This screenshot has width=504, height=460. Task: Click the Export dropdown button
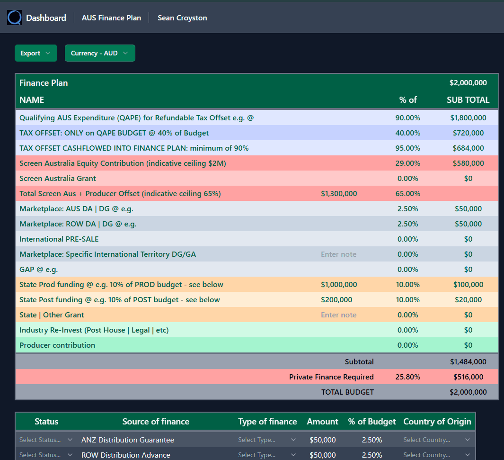(x=35, y=53)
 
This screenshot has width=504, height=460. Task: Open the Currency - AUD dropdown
(x=99, y=53)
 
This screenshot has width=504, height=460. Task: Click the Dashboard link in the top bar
(x=46, y=18)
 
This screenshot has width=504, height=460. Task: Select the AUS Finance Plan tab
(x=111, y=18)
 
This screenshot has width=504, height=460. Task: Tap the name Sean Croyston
(x=182, y=18)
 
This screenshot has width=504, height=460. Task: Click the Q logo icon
(x=15, y=18)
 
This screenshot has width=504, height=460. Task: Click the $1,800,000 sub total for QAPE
(x=468, y=118)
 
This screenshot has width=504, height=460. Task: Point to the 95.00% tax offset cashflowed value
(x=407, y=148)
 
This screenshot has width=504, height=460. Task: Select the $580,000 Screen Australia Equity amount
(x=468, y=163)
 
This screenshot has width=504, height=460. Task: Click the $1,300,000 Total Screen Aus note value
(x=339, y=194)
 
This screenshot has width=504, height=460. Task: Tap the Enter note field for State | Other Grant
(x=339, y=315)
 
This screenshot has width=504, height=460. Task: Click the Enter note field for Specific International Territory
(x=339, y=254)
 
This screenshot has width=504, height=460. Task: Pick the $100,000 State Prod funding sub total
(x=468, y=285)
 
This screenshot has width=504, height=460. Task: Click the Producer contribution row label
(x=57, y=345)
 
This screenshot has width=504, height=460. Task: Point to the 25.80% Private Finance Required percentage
(x=407, y=377)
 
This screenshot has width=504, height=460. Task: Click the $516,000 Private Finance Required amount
(x=468, y=377)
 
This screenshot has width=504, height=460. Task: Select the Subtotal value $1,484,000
(x=468, y=362)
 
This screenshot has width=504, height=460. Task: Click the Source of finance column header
(x=156, y=422)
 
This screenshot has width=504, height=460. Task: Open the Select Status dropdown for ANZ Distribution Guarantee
(x=46, y=440)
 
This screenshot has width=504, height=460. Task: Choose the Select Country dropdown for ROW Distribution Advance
(x=437, y=455)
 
